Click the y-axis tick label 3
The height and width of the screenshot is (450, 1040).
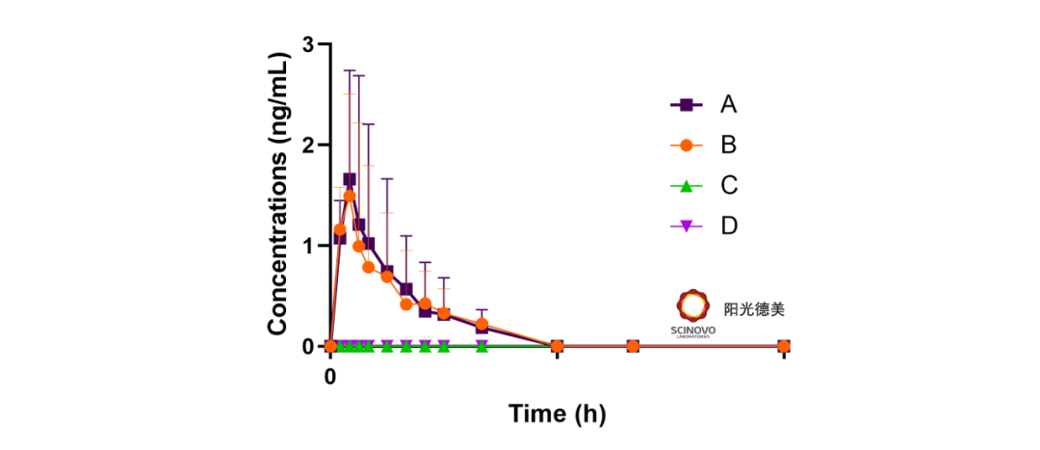pos(308,44)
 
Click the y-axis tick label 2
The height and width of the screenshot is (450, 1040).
pos(308,145)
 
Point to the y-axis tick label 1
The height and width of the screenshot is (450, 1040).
pos(308,246)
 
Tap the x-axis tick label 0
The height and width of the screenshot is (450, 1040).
pos(330,375)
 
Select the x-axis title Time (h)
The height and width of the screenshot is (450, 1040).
pos(557,413)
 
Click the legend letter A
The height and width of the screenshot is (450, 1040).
pos(729,104)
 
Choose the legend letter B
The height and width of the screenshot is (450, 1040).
pos(729,145)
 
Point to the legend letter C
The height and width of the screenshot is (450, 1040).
pos(729,185)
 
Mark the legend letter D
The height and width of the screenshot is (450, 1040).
pos(729,225)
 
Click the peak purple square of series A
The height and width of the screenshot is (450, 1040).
pos(350,179)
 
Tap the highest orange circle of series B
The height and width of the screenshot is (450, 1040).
pos(350,196)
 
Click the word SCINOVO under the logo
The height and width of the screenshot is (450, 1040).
pos(692,330)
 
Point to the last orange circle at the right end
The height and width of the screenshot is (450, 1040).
pos(784,346)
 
